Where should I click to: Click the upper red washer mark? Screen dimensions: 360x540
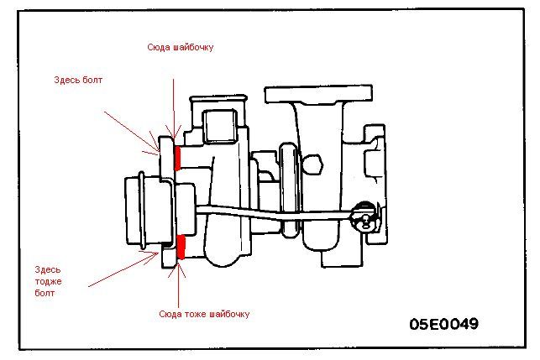(178, 156)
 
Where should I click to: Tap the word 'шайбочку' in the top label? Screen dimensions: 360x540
(191, 48)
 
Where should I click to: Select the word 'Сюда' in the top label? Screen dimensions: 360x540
(157, 48)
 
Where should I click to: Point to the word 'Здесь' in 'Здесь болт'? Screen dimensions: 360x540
(67, 81)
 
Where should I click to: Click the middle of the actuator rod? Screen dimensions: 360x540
(277, 215)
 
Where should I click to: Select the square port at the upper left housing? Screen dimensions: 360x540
(220, 124)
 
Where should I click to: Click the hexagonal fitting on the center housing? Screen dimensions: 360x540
(289, 159)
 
